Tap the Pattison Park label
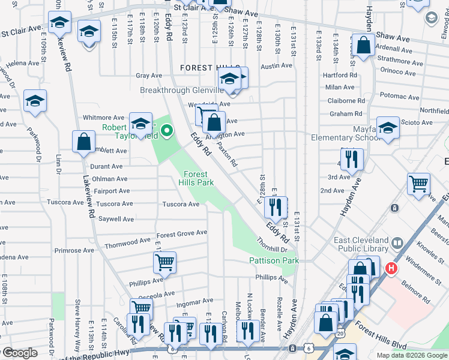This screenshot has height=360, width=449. coord(274,260)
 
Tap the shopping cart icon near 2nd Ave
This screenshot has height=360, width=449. coord(418,183)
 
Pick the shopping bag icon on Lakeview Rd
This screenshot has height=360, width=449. coord(83,140)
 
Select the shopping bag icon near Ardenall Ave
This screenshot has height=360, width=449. coord(363,44)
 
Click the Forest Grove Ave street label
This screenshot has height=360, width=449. coord(181,233)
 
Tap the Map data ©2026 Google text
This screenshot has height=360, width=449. coord(412,355)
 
